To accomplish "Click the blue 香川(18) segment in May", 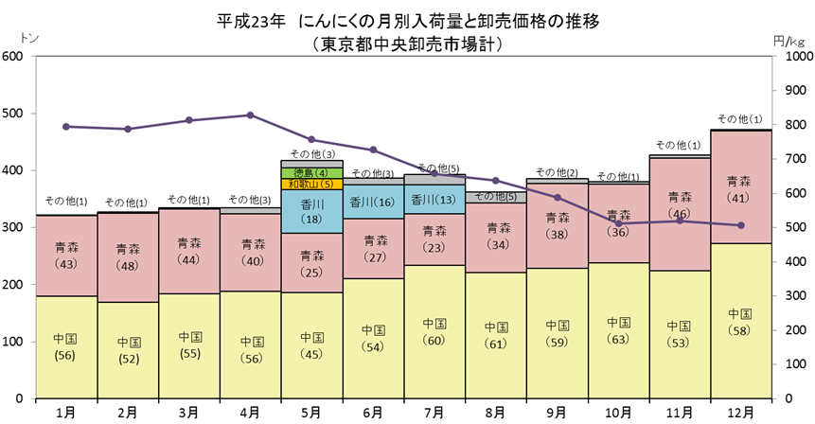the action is tap(311, 211).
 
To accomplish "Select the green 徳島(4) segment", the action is tap(311, 173).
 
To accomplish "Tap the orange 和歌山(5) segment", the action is tap(311, 184).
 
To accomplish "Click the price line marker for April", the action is tap(250, 115).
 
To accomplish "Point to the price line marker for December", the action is tap(740, 225).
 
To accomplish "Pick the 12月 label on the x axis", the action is tap(740, 413).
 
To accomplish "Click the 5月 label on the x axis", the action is tap(311, 413).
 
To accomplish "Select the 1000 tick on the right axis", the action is tap(791, 56).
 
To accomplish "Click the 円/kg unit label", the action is tap(789, 41).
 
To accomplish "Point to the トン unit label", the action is tap(29, 38).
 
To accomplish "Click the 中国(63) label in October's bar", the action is tap(618, 330).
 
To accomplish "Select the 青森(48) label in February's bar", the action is tap(128, 257).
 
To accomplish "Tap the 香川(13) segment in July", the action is tap(434, 199).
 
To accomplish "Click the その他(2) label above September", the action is tap(557, 172).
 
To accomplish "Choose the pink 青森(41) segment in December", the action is tap(740, 187).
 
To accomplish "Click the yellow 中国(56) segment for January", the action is tap(66, 347).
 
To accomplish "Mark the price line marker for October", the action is tap(618, 223).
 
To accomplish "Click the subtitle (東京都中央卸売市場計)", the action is tap(407, 44).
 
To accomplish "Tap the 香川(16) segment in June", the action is tap(373, 203).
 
